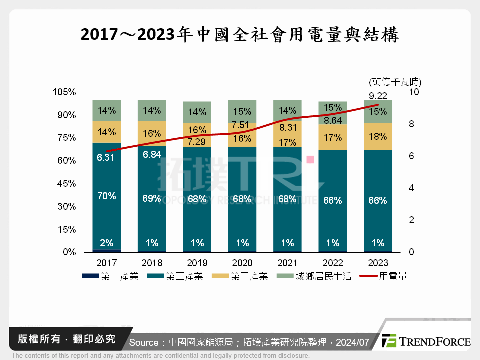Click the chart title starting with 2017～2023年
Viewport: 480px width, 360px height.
coord(240,34)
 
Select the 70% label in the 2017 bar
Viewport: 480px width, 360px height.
coord(107,196)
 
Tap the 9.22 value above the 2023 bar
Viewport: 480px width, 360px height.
coord(378,96)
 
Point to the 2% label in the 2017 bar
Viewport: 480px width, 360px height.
coord(107,243)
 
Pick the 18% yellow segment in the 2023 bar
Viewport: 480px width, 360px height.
coord(378,137)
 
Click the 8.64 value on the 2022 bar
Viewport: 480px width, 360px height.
coord(333,120)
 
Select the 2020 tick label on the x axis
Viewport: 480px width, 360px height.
coord(242,263)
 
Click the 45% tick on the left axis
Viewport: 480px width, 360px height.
coord(66,184)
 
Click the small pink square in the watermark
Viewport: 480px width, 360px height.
coord(310,159)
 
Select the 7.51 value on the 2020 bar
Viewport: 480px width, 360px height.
coord(242,125)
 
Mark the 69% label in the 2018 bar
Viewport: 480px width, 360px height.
coord(152,199)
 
